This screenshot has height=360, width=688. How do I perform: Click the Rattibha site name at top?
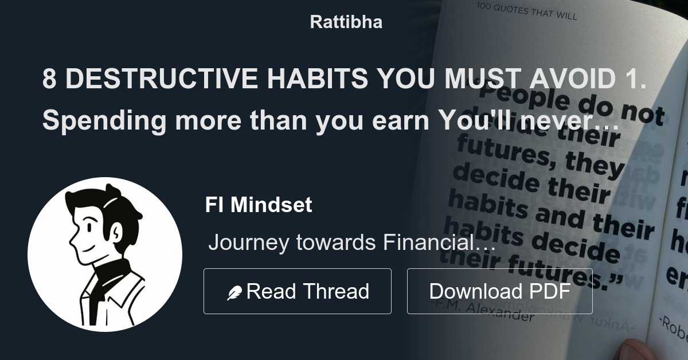346,22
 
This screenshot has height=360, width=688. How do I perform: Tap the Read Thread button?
297,291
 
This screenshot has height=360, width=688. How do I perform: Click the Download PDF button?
499,291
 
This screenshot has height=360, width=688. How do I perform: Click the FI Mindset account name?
259,205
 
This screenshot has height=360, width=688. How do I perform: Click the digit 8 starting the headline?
49,80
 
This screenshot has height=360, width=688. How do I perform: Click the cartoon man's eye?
88,228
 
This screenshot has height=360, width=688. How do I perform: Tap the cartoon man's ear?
114,232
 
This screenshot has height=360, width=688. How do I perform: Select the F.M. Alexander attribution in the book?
493,311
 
